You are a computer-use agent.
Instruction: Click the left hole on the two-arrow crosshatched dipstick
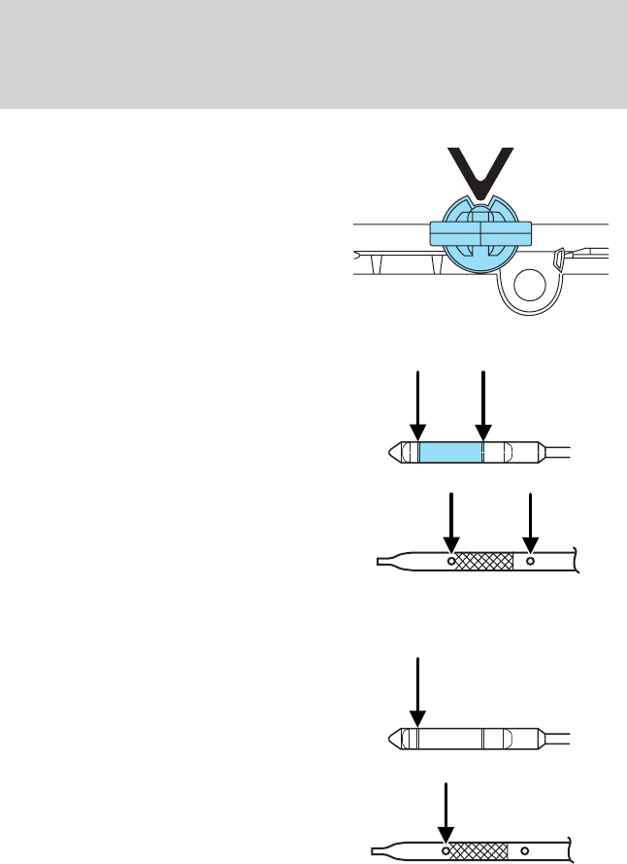[451, 561]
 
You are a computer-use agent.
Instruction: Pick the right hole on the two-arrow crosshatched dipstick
[530, 561]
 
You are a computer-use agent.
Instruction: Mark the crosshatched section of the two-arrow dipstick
[484, 561]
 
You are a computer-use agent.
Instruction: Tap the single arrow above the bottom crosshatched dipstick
[445, 812]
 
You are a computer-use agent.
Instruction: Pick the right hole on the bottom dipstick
[525, 852]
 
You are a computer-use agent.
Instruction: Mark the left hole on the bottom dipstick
[445, 852]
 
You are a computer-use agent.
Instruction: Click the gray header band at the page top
[313, 53]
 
